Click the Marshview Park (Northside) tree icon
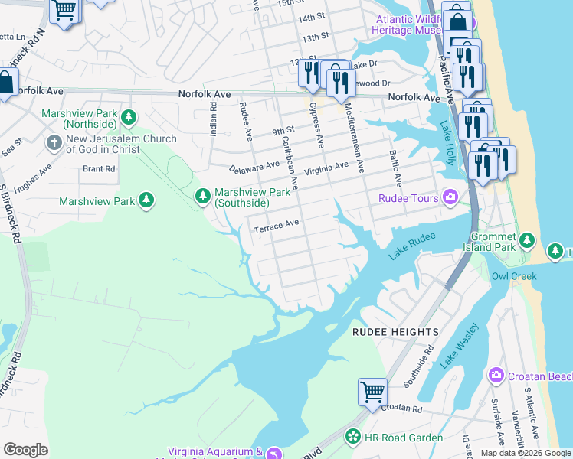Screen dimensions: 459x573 click(x=129, y=117)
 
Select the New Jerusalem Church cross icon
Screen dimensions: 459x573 click(x=54, y=143)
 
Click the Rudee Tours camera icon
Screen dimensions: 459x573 click(x=451, y=198)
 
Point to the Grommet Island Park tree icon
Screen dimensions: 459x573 click(x=526, y=241)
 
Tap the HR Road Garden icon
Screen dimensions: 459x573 click(x=352, y=438)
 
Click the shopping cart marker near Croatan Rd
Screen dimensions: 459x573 click(x=372, y=391)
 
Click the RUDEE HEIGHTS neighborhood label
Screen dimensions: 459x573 click(x=395, y=332)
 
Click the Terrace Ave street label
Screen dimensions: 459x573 click(x=276, y=226)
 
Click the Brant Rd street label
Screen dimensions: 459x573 click(x=99, y=168)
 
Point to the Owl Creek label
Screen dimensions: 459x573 click(x=510, y=275)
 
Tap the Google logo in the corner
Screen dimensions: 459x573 click(x=25, y=450)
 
